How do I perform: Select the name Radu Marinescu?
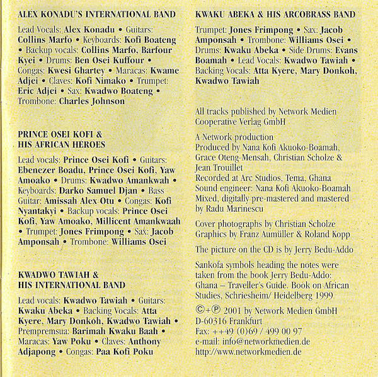coord(237,207)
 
